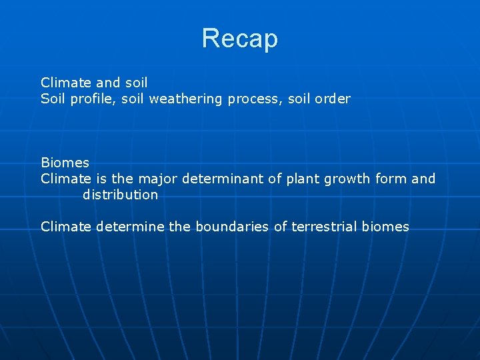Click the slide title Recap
pyautogui.click(x=239, y=39)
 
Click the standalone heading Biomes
pyautogui.click(x=65, y=163)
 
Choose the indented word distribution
pyautogui.click(x=120, y=195)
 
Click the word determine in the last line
pyautogui.click(x=130, y=227)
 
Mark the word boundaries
pyautogui.click(x=231, y=227)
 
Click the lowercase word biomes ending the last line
pyautogui.click(x=385, y=227)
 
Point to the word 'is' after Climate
pyautogui.click(x=101, y=179)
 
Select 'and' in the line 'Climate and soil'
pyautogui.click(x=108, y=83)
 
